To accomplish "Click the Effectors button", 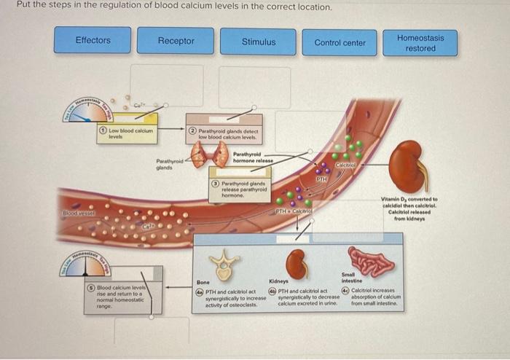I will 93,40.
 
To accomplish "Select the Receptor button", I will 176,41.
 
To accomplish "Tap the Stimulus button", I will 259,42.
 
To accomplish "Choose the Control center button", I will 340,42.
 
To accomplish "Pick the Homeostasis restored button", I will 420,43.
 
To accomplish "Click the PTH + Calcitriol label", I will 294,211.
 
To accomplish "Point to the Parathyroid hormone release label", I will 253,157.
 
